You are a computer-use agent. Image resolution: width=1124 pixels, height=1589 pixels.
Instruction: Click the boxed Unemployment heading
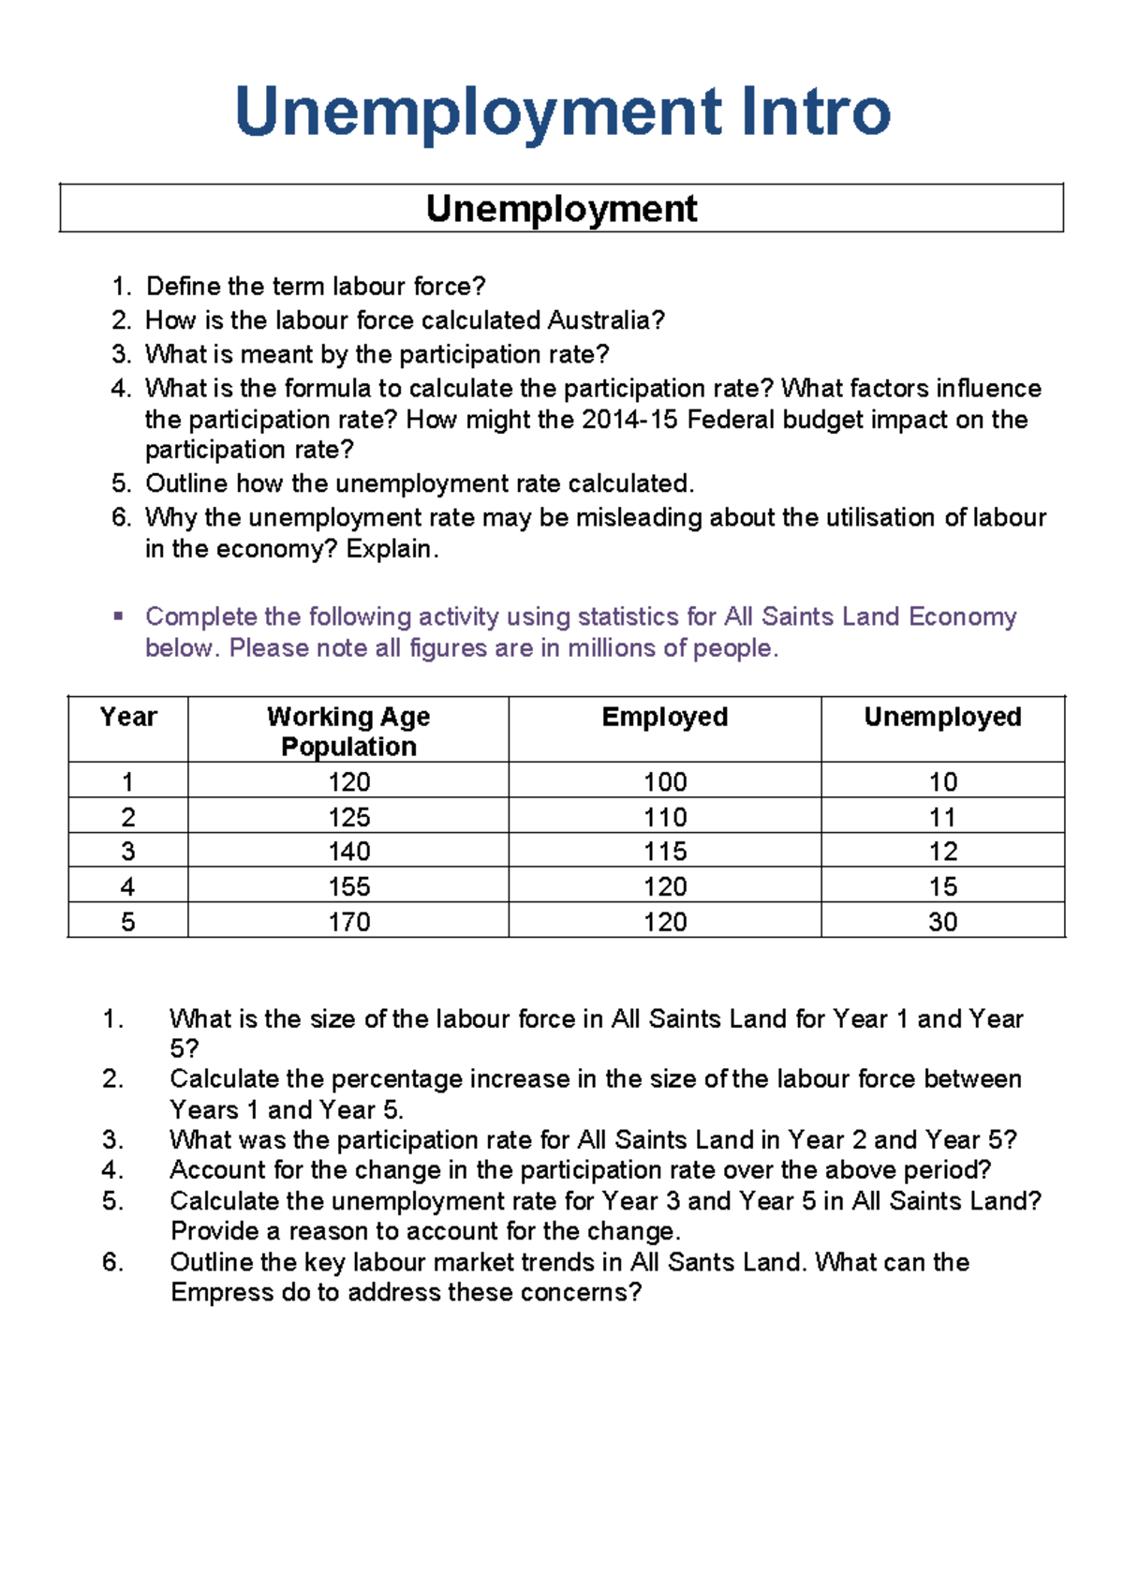561,208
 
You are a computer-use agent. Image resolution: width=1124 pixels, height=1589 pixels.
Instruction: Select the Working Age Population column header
348,731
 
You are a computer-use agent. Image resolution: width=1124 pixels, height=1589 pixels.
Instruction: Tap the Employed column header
664,717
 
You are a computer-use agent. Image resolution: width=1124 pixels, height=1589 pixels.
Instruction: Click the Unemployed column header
942,717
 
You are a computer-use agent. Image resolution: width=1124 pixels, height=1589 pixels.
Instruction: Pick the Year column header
128,717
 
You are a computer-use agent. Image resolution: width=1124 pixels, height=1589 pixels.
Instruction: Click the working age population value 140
348,852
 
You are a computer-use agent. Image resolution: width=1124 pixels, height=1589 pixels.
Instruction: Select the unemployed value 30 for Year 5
942,922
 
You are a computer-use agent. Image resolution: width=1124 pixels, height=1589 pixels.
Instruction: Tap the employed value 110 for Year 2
664,817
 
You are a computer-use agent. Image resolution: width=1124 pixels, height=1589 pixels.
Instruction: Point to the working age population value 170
348,922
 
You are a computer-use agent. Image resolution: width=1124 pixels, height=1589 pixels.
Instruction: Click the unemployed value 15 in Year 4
942,886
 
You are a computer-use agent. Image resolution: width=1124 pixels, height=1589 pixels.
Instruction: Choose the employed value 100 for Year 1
664,781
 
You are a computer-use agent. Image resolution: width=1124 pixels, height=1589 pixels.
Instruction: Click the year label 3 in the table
128,852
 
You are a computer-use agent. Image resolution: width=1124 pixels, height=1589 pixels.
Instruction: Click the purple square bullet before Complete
118,616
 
